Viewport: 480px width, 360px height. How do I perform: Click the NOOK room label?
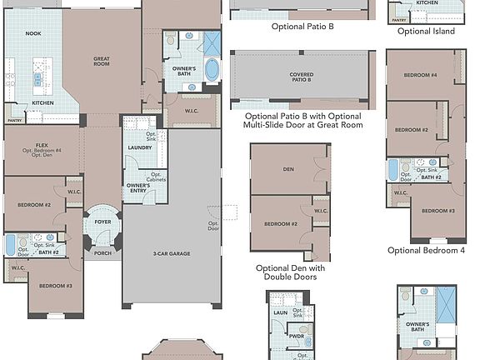click(33, 33)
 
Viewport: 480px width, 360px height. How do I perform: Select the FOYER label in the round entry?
click(102, 222)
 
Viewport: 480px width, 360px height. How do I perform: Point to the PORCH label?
click(102, 253)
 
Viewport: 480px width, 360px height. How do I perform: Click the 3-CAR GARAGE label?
click(172, 254)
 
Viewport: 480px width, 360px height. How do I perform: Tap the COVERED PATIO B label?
click(301, 77)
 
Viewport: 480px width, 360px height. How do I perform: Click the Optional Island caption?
click(426, 32)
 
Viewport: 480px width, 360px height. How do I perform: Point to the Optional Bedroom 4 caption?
click(426, 250)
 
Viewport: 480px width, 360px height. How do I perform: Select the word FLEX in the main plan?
click(42, 145)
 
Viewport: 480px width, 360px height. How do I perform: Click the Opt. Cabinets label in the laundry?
click(156, 177)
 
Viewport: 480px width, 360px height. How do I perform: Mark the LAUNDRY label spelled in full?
click(140, 147)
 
